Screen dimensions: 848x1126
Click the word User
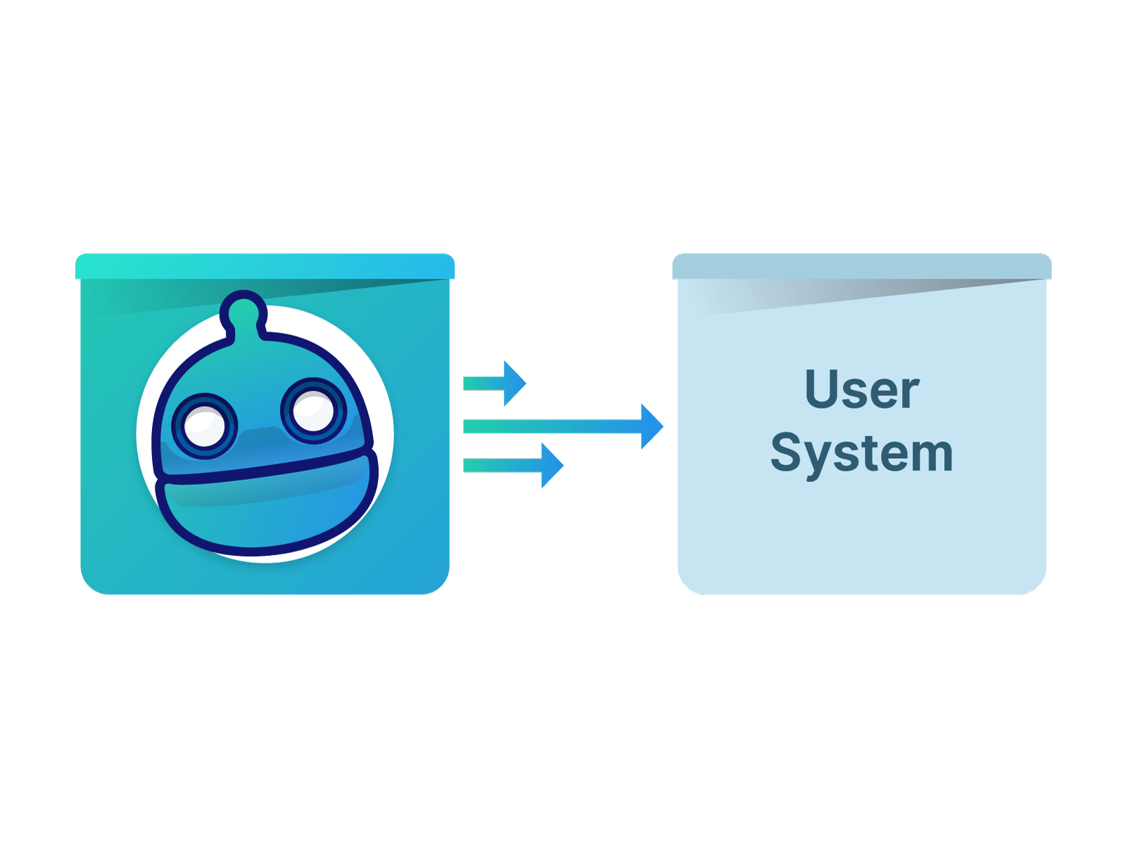pos(861,389)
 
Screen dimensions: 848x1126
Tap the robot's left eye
pos(204,424)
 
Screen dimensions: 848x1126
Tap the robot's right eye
pos(313,412)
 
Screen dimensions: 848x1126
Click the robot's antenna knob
pos(243,310)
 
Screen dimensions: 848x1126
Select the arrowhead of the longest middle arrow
pos(652,426)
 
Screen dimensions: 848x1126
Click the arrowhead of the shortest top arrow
pos(514,383)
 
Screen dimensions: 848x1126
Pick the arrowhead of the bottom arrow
pos(552,465)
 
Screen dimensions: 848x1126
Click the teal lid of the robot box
pos(265,266)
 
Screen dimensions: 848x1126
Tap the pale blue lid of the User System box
pos(861,266)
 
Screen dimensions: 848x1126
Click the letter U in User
pos(822,388)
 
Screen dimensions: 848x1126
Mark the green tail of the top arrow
pos(473,383)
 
